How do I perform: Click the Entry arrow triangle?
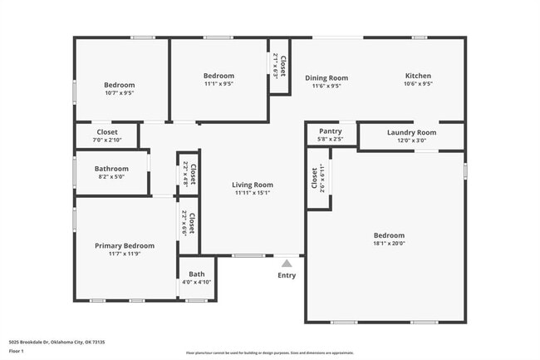click(x=287, y=263)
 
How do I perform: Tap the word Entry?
click(x=287, y=275)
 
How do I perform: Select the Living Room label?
click(x=252, y=185)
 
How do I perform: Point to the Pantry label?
click(x=331, y=131)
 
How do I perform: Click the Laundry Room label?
click(x=411, y=132)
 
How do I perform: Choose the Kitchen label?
click(x=418, y=76)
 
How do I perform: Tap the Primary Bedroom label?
click(x=125, y=245)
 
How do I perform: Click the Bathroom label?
click(x=111, y=169)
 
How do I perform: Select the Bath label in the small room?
click(x=197, y=274)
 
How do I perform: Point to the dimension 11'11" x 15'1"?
click(x=252, y=193)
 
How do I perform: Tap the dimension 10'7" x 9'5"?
click(x=119, y=93)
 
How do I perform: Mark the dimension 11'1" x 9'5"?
click(x=218, y=84)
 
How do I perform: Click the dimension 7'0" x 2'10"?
click(x=107, y=141)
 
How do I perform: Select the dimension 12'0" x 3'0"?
click(x=411, y=141)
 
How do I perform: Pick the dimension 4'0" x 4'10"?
click(x=197, y=283)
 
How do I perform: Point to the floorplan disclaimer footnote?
click(x=270, y=353)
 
